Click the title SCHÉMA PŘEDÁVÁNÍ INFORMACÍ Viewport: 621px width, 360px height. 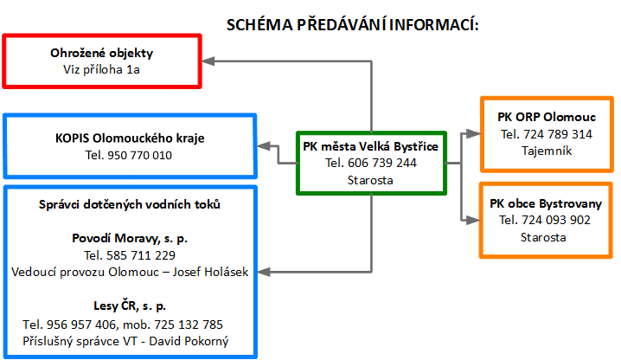[353, 25]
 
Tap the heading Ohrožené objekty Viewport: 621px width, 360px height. [101, 53]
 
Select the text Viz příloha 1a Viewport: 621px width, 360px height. [101, 70]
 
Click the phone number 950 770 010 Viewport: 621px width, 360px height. [139, 155]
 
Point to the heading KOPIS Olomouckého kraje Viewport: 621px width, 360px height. [130, 138]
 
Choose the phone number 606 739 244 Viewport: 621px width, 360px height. [382, 163]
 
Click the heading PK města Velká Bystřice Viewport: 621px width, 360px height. [371, 146]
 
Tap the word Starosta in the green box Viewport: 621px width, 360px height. [370, 180]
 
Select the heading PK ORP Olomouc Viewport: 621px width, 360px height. [547, 117]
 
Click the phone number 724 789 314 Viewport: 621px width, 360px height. [558, 134]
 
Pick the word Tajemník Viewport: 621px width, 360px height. [547, 151]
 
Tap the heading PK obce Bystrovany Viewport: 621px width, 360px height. [546, 203]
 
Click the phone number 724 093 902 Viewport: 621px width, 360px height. [556, 220]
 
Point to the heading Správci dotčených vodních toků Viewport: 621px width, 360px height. [130, 204]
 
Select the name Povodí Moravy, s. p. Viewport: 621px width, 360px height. [130, 238]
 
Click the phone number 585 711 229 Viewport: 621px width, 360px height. [141, 255]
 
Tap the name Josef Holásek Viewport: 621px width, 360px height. [210, 272]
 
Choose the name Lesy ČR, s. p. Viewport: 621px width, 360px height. [130, 306]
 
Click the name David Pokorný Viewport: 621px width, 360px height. [189, 341]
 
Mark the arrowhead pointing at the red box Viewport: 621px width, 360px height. [208, 61]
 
